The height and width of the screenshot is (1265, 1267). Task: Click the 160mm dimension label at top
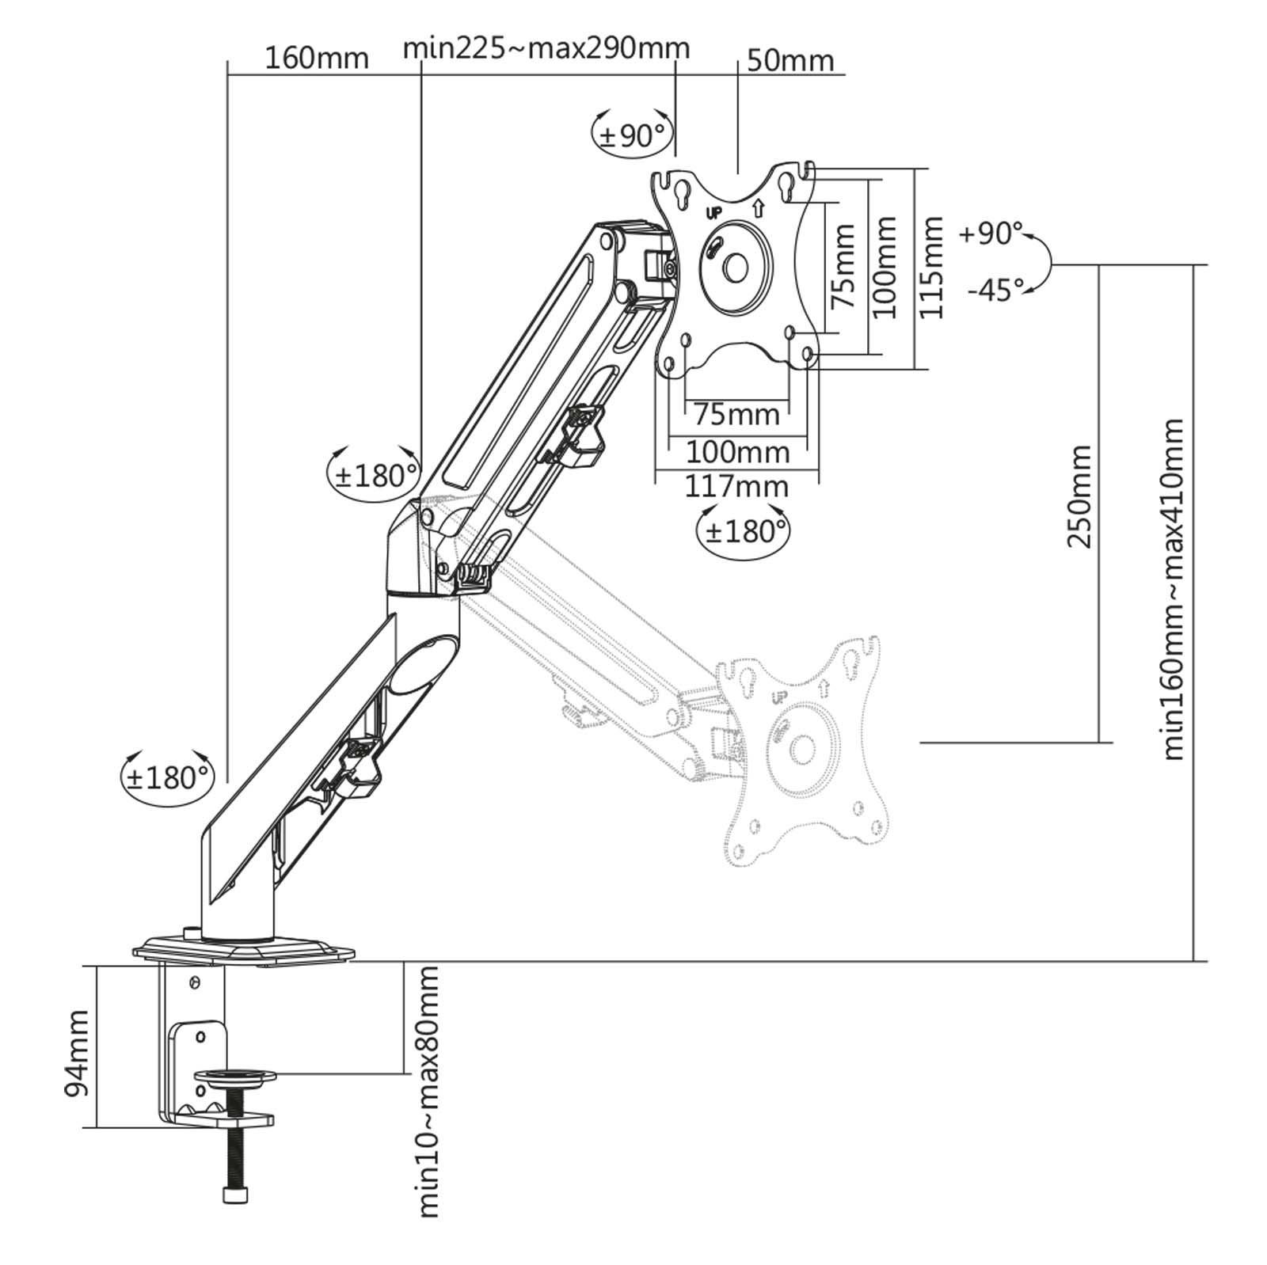316,59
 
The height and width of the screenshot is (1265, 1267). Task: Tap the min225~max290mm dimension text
546,48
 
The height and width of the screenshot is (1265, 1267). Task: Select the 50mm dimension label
790,60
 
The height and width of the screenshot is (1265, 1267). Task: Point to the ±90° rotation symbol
632,135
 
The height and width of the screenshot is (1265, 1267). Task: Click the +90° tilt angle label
991,234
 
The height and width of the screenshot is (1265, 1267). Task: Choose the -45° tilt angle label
995,291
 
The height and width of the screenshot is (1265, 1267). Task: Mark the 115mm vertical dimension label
931,268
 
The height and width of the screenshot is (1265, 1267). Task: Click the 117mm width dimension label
736,486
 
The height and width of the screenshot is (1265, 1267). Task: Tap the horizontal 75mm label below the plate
736,413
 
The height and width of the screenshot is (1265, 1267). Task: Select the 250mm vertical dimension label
1079,496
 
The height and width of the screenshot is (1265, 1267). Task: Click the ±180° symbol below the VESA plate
744,531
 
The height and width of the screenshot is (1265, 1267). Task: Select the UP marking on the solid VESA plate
713,213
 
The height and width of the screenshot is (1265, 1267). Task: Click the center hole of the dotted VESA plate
802,749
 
